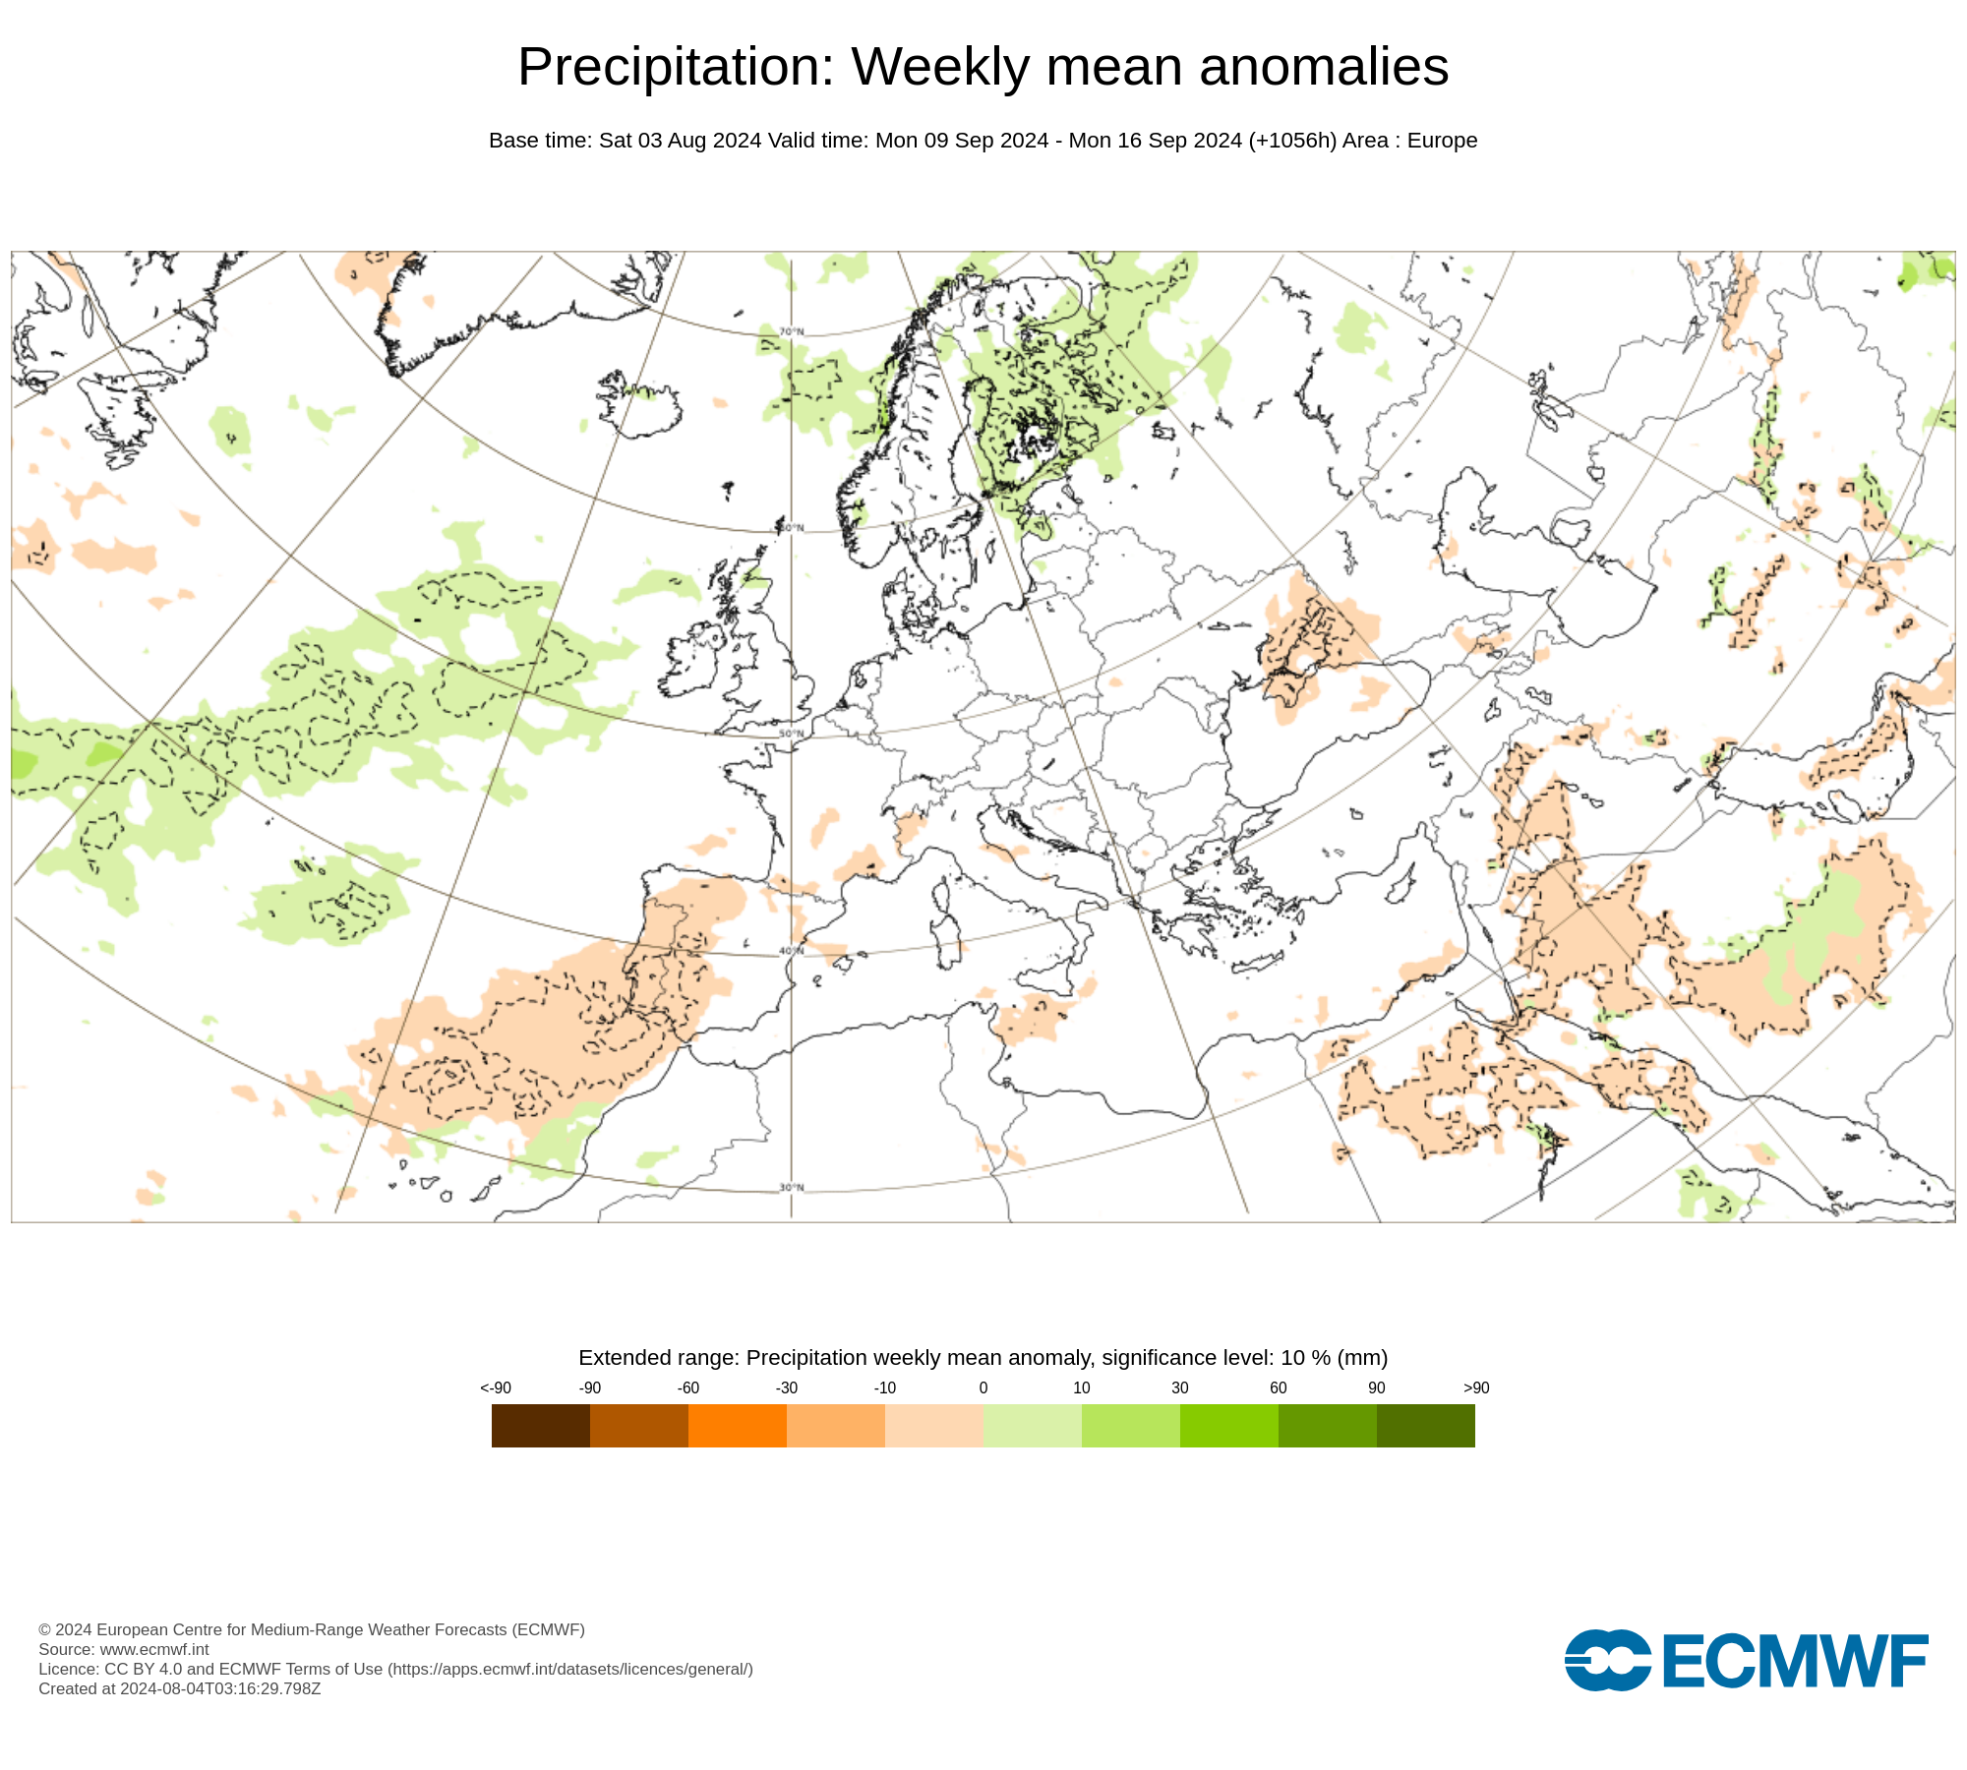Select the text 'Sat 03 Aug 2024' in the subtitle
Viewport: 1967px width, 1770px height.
point(680,141)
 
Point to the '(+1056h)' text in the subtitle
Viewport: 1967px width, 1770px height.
point(1292,141)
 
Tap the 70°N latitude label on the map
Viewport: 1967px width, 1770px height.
point(792,331)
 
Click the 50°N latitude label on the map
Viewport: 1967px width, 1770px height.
point(792,734)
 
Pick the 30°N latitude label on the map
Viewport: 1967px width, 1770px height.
point(792,1187)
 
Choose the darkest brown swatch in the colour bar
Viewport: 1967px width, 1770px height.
point(541,1425)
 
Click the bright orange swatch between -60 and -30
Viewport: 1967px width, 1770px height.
point(738,1425)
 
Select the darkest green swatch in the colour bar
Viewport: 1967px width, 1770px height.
point(1426,1425)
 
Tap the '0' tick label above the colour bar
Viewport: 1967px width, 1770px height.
point(983,1387)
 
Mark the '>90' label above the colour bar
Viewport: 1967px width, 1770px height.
point(1476,1387)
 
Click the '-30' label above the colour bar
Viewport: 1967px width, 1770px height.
point(787,1387)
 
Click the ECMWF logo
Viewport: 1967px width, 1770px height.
point(1746,1661)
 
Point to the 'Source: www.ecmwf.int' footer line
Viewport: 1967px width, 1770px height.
point(124,1649)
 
